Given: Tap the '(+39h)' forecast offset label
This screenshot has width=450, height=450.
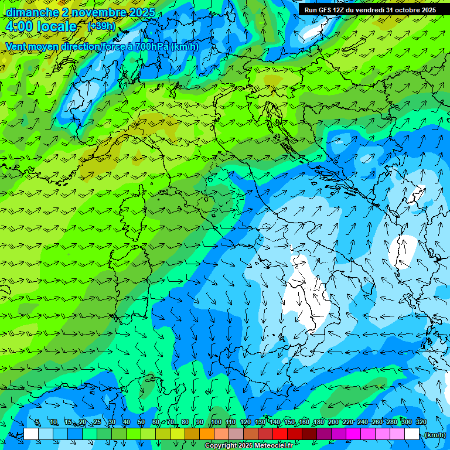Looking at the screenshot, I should [102, 26].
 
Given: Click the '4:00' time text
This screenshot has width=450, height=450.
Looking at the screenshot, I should [19, 27].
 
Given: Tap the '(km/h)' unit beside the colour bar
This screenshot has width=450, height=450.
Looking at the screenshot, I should [434, 435].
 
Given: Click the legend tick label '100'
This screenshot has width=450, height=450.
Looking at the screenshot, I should [216, 422].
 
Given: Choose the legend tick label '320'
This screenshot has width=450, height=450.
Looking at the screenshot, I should [421, 422].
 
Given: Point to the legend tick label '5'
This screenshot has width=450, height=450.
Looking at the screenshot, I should [37, 422].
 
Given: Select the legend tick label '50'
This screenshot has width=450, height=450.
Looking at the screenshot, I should [141, 422].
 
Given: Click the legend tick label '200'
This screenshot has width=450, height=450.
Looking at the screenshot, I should [333, 422].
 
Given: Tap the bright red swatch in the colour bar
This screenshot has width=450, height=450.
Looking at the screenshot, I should [280, 434].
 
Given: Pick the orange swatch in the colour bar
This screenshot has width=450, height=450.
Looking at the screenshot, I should [207, 434].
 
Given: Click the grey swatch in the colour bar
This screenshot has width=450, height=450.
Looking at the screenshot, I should [236, 434].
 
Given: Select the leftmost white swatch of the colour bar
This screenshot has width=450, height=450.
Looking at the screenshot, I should [31, 434].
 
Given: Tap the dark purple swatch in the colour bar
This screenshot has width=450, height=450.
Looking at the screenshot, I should [324, 434].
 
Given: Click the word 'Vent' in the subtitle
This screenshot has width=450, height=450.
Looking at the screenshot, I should [16, 46].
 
